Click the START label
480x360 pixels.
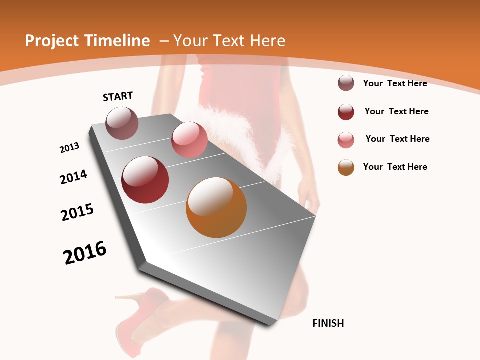(x=118, y=96)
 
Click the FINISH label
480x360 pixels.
(x=328, y=323)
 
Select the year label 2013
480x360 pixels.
(x=70, y=148)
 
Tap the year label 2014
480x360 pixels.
(x=74, y=177)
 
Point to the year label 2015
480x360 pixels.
(x=77, y=212)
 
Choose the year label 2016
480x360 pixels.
(x=85, y=253)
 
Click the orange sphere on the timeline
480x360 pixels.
(x=216, y=207)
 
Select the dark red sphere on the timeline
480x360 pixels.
(x=145, y=180)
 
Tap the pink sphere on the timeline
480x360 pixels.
(x=189, y=140)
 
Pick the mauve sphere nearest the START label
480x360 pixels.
(x=122, y=123)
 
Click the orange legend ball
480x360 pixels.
(x=346, y=167)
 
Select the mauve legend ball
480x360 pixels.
(x=346, y=83)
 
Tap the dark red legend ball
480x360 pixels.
(x=346, y=112)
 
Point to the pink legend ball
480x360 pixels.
(x=346, y=140)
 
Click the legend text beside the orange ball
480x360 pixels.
(x=395, y=167)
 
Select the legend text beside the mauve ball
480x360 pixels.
(x=395, y=83)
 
